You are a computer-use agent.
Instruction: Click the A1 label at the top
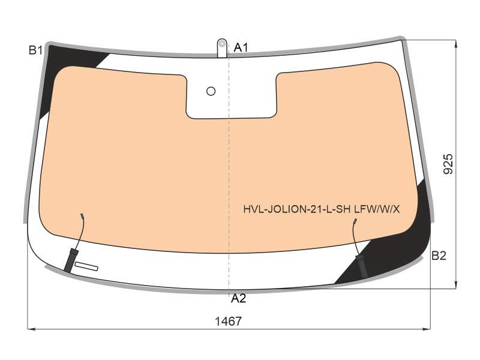pos(241,48)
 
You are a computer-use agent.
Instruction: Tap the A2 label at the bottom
pos(238,298)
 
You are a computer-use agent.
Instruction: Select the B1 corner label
pos(36,50)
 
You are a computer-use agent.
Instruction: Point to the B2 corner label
pos(439,256)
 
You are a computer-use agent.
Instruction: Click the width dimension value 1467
pos(229,322)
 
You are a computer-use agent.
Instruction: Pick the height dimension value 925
pos(448,164)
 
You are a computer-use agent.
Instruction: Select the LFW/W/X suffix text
pos(377,209)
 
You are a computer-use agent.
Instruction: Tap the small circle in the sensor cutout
pos(211,91)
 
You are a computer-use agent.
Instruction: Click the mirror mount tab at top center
pos(222,48)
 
